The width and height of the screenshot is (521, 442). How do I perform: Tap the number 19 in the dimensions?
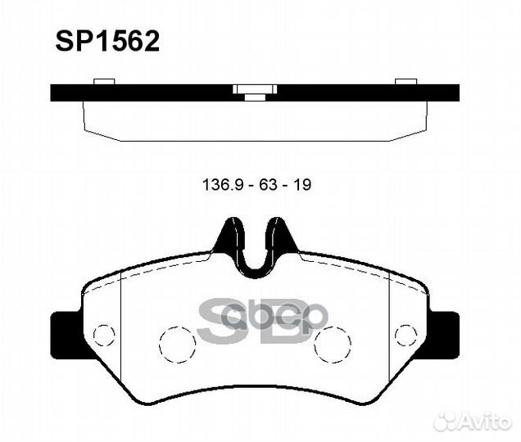302,185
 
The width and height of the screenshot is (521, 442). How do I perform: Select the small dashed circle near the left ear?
104,335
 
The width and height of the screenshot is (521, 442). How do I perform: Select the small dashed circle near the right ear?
405,335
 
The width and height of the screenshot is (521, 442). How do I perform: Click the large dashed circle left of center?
176,344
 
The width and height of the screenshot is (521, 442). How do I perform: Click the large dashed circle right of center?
332,344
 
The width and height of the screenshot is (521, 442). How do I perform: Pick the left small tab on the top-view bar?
104,81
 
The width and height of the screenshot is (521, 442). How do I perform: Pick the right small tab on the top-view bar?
406,81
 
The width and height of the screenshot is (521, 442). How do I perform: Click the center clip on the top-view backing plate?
255,91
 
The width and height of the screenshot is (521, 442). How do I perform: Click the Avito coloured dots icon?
446,420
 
